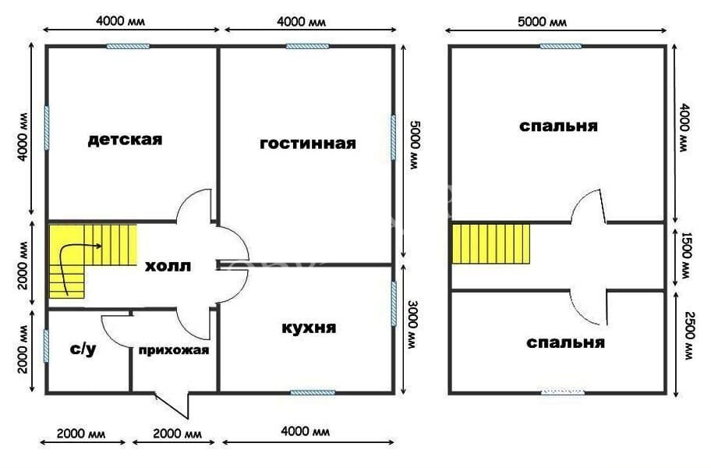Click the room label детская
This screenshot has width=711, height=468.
tap(125, 139)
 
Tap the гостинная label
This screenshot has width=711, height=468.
tap(308, 144)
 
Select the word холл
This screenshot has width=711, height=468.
tap(168, 266)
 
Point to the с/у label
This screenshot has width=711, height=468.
tap(83, 349)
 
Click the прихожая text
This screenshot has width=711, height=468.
tap(174, 350)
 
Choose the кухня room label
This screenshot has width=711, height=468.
tap(309, 328)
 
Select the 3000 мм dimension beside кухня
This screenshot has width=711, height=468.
tap(412, 324)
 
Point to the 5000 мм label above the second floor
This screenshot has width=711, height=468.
tap(542, 21)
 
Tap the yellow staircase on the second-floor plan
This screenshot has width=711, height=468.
tap(491, 243)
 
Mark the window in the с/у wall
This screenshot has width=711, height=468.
tap(46, 346)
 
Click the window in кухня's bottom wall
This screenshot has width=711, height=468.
tap(313, 392)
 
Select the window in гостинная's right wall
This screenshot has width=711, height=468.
tap(394, 137)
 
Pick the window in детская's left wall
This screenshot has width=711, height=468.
tap(46, 128)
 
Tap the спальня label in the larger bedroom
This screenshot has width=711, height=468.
tap(558, 126)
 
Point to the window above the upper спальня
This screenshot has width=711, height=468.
tap(561, 46)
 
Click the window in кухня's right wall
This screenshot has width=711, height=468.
tap(394, 303)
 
